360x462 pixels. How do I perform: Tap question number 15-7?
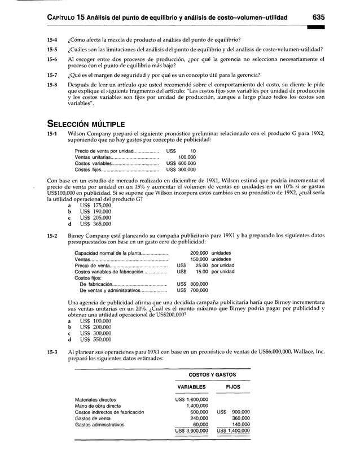pos(51,75)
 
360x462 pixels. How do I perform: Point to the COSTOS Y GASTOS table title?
pos(212,374)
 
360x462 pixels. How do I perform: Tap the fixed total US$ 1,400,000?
pos(234,430)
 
